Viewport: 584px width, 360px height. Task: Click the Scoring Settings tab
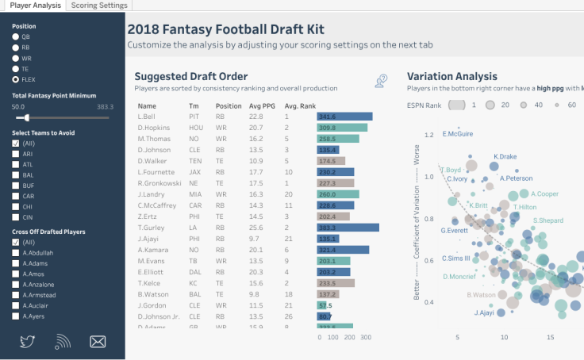[x=99, y=6]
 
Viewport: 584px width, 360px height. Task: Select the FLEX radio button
[x=16, y=79]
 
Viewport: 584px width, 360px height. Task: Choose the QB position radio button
[x=16, y=36]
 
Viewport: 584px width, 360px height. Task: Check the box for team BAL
[x=16, y=174]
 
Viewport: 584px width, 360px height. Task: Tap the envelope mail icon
[x=98, y=342]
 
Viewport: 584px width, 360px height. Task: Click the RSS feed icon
[x=63, y=342]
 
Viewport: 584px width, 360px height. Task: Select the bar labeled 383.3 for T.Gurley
[x=348, y=227]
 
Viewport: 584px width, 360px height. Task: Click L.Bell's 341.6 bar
[x=344, y=116]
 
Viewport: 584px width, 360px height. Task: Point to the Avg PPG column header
[x=261, y=105]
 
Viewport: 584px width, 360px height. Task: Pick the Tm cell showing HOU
[x=195, y=127]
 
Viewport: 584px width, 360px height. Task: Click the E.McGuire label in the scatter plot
[x=458, y=133]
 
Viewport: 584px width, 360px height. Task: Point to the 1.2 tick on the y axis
[x=429, y=136]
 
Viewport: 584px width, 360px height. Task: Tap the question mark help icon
[x=382, y=80]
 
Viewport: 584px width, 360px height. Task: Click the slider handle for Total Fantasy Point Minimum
[x=28, y=117]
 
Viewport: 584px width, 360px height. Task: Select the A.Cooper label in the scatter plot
[x=544, y=193]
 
